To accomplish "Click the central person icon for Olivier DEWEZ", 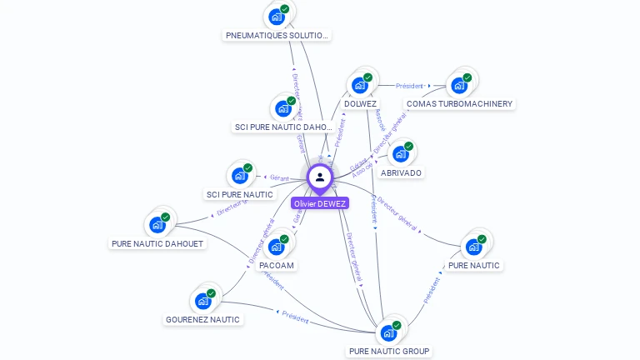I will click(x=320, y=177).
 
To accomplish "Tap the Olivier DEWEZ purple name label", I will click(x=320, y=203).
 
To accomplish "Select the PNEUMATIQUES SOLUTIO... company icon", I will click(x=277, y=16).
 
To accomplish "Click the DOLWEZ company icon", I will click(x=360, y=84).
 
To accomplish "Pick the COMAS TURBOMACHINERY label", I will click(x=460, y=104).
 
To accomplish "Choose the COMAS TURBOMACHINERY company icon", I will click(x=459, y=84).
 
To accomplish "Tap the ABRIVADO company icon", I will click(x=401, y=153).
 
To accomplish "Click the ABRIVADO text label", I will click(x=401, y=173).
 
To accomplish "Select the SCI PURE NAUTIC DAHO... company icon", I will click(x=284, y=107).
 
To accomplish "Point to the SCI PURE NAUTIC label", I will click(x=240, y=195).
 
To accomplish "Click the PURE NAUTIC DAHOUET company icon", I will click(x=157, y=224).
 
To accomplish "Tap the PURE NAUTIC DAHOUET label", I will click(x=157, y=244).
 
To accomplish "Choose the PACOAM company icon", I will click(x=277, y=246).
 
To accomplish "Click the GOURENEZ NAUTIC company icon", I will click(x=202, y=300).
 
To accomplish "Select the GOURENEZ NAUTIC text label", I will click(x=202, y=320).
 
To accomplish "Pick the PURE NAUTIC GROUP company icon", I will click(x=389, y=332).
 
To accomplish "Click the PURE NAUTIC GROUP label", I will click(x=389, y=352).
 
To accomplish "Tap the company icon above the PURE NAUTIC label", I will click(x=474, y=246).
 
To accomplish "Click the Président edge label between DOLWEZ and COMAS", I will click(x=409, y=86).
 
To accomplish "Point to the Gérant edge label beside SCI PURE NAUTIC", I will click(x=279, y=177).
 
